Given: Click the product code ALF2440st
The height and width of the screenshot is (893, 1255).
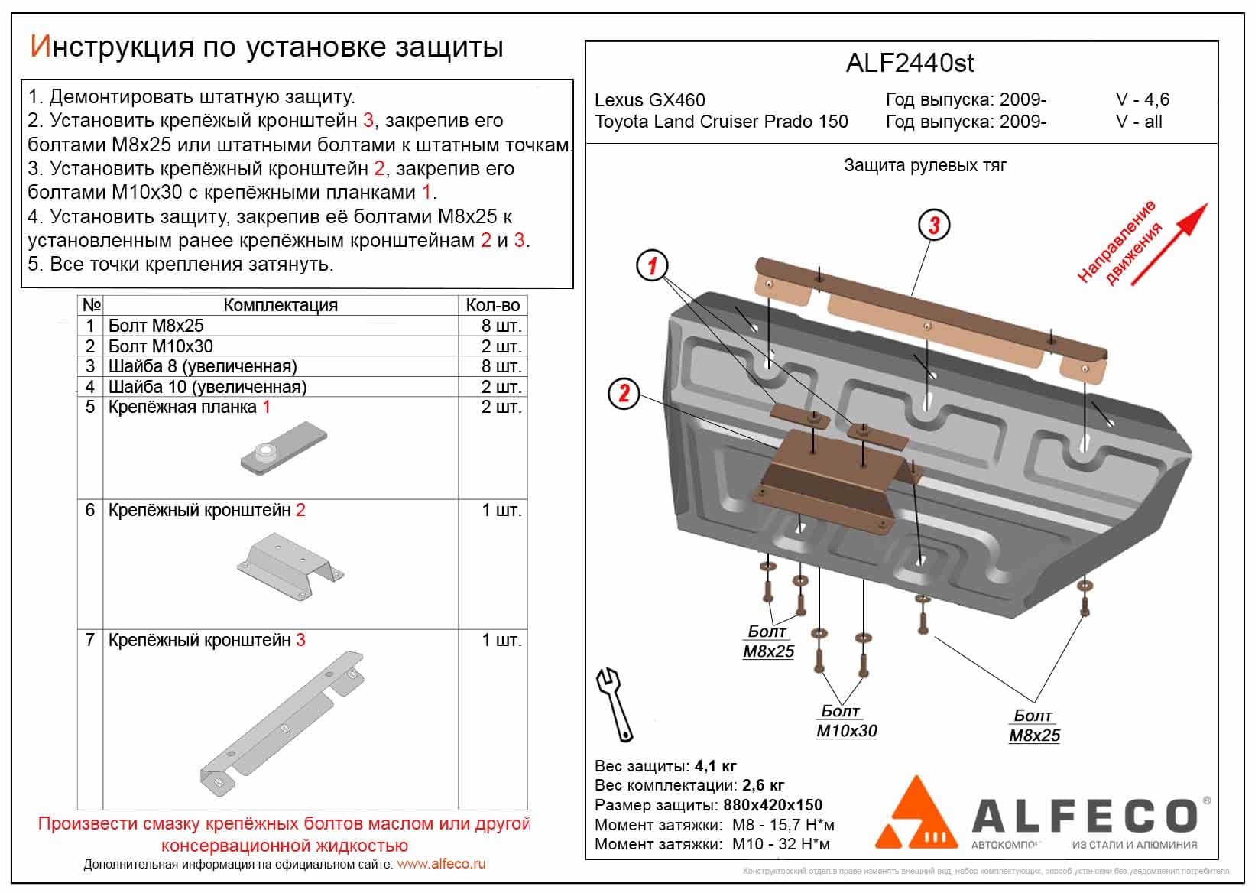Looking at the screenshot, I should (x=910, y=63).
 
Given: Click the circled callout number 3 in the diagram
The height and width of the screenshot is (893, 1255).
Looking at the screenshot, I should (x=934, y=225).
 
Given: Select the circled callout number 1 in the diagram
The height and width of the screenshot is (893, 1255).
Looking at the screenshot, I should (x=652, y=265).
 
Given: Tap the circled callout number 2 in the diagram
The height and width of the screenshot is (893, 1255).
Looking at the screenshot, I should (x=624, y=394).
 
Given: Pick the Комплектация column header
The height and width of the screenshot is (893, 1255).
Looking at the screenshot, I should (x=280, y=305).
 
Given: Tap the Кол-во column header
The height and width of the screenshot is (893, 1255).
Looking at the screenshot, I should (x=492, y=305).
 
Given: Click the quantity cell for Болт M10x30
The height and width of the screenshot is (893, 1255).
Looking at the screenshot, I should (x=501, y=346).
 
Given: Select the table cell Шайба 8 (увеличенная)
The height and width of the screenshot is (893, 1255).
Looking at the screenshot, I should (x=203, y=366).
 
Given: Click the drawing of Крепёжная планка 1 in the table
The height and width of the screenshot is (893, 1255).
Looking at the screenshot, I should (x=284, y=449).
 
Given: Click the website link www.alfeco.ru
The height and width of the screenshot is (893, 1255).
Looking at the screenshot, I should (x=441, y=864).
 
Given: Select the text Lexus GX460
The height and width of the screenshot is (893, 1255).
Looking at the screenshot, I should (x=650, y=100).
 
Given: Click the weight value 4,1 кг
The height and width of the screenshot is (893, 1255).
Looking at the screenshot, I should (x=715, y=766).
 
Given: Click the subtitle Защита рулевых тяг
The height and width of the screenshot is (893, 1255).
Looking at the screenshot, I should (x=925, y=165).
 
